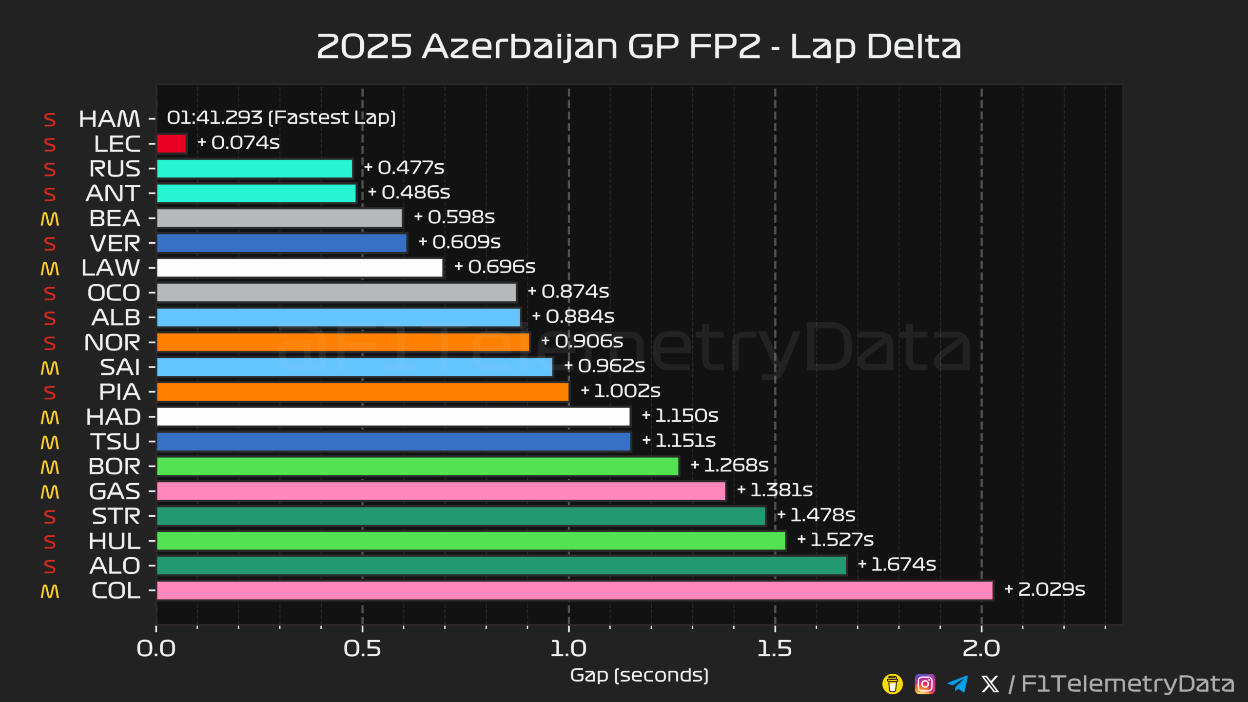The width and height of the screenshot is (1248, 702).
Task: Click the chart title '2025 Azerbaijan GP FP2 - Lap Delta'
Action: coord(639,47)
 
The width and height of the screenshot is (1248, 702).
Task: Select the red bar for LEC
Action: coord(172,144)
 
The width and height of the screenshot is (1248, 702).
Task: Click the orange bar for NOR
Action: coord(343,342)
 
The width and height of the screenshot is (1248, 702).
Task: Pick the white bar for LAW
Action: coord(299,268)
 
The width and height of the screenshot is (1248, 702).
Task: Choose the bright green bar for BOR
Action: coord(417,467)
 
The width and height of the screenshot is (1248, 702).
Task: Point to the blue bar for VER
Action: coord(281,243)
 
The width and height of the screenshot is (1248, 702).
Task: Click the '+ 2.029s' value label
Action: coord(1045,589)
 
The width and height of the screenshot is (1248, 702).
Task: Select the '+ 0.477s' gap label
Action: coord(404,168)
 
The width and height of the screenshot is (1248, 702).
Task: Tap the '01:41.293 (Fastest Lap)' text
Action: coord(281,117)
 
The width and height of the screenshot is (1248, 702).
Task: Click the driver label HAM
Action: coord(109,119)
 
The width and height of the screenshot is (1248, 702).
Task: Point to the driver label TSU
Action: coord(115,442)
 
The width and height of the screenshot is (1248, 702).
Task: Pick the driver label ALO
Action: coord(115,566)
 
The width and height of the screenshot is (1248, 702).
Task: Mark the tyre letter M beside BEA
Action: coord(50,219)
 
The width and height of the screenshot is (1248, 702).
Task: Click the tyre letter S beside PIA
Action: coord(50,393)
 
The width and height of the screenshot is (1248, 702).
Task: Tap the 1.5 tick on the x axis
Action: coord(775,649)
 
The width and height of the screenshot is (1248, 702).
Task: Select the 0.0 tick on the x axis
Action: coord(156,649)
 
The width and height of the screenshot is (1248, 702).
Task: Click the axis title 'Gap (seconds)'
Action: coord(639,675)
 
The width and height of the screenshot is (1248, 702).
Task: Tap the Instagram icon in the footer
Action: coord(925,684)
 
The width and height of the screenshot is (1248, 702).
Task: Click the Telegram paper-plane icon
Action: coord(957,684)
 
